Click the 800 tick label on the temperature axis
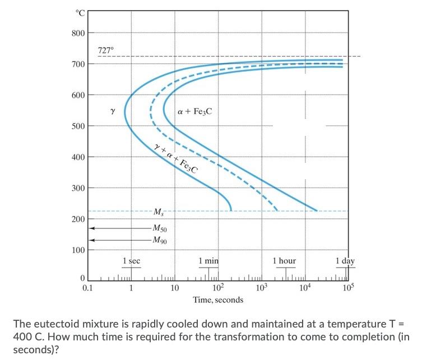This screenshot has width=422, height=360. [78, 33]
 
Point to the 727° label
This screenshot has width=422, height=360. [105, 50]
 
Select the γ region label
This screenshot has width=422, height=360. [113, 111]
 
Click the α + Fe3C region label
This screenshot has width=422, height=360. [194, 111]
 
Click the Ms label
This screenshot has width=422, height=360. [160, 211]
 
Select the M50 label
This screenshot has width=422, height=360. [160, 228]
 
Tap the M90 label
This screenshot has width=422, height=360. [160, 240]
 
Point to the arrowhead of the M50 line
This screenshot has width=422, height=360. [91, 228]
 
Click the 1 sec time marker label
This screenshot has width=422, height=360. [131, 261]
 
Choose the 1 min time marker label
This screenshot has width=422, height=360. [208, 261]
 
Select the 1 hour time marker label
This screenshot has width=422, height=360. [284, 261]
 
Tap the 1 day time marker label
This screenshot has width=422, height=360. [345, 261]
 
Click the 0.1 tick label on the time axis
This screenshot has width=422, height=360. [87, 288]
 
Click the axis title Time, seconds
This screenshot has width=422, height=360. [218, 300]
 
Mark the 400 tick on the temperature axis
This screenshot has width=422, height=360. [78, 157]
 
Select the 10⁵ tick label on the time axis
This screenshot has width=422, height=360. [347, 288]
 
